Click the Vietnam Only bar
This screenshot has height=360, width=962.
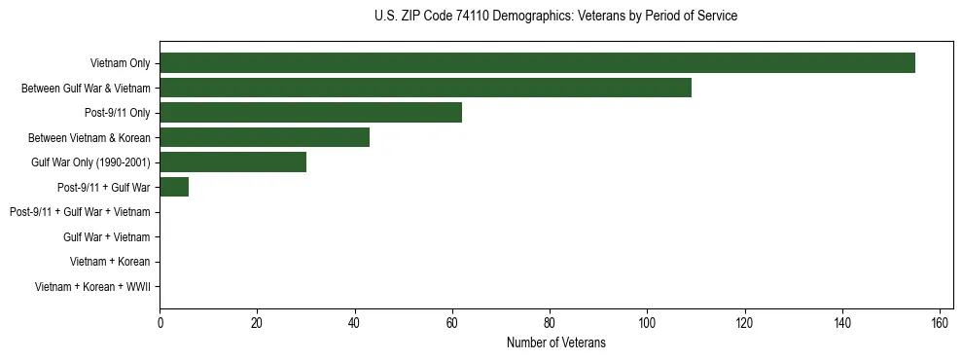point(537,63)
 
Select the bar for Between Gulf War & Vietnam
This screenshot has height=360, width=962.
point(425,88)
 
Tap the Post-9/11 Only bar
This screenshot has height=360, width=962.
point(310,113)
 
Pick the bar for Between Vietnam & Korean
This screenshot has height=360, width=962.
point(265,137)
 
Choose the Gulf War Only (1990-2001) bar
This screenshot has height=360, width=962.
point(232,162)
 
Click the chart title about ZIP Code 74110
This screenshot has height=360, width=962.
point(555,17)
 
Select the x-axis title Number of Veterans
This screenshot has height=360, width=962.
point(555,342)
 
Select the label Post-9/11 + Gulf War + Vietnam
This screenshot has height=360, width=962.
point(80,212)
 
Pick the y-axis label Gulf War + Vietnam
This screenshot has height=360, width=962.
point(106,236)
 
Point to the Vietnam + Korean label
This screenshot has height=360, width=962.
point(110,262)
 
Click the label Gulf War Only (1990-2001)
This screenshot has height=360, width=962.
point(90,162)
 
